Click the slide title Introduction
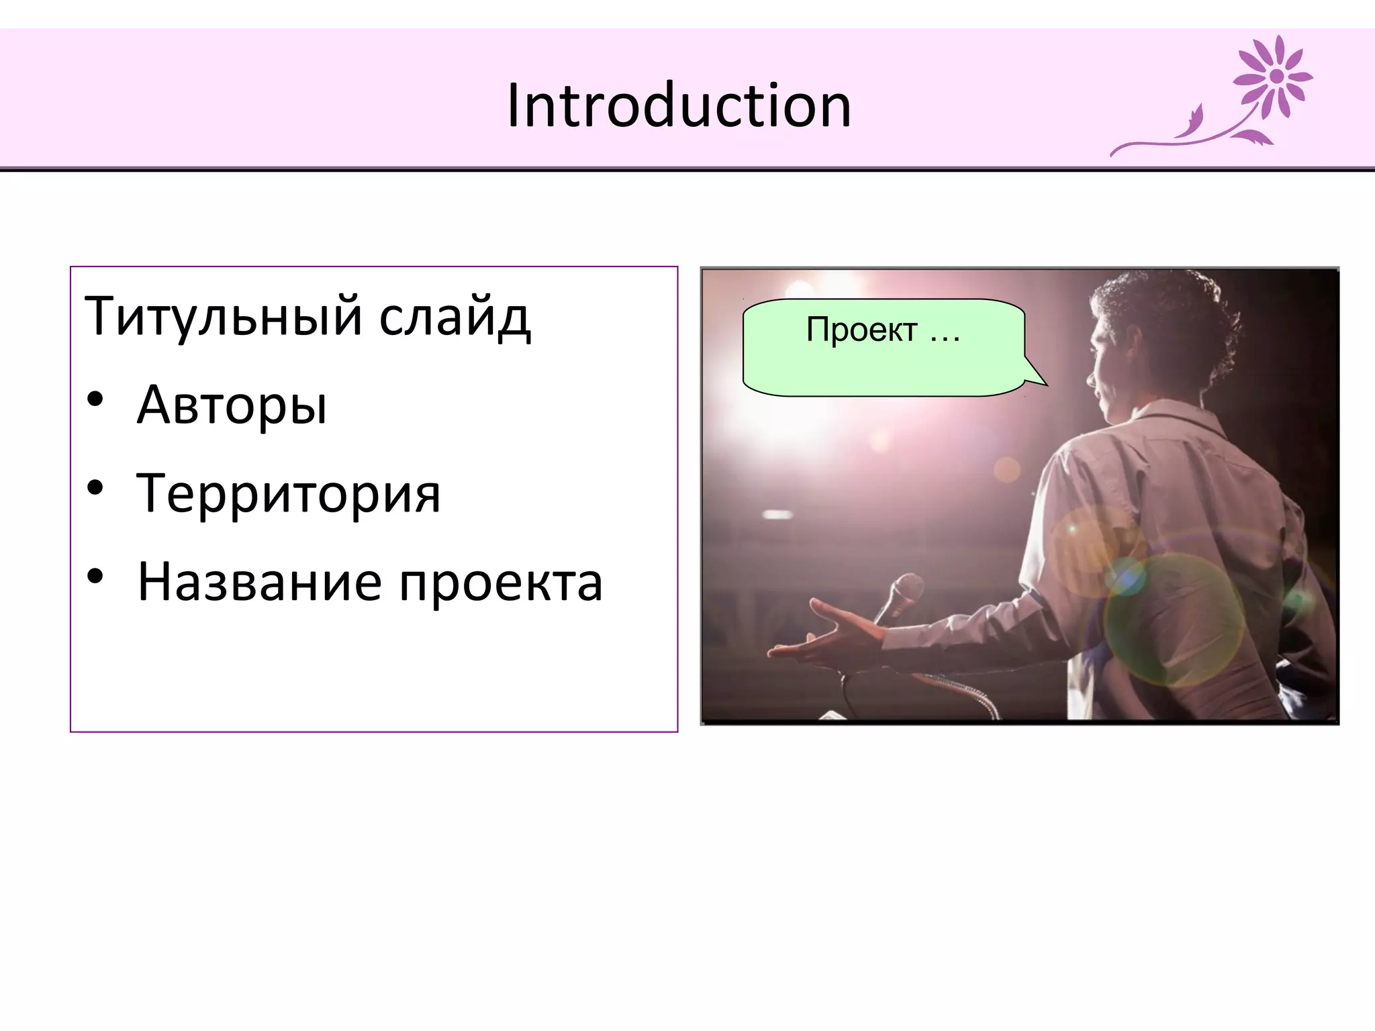[679, 105]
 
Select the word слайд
[455, 316]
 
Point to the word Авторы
[232, 405]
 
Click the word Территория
[289, 493]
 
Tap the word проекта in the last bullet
[501, 583]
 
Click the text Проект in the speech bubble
[861, 330]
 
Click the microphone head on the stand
[906, 589]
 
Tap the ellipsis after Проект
[945, 334]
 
